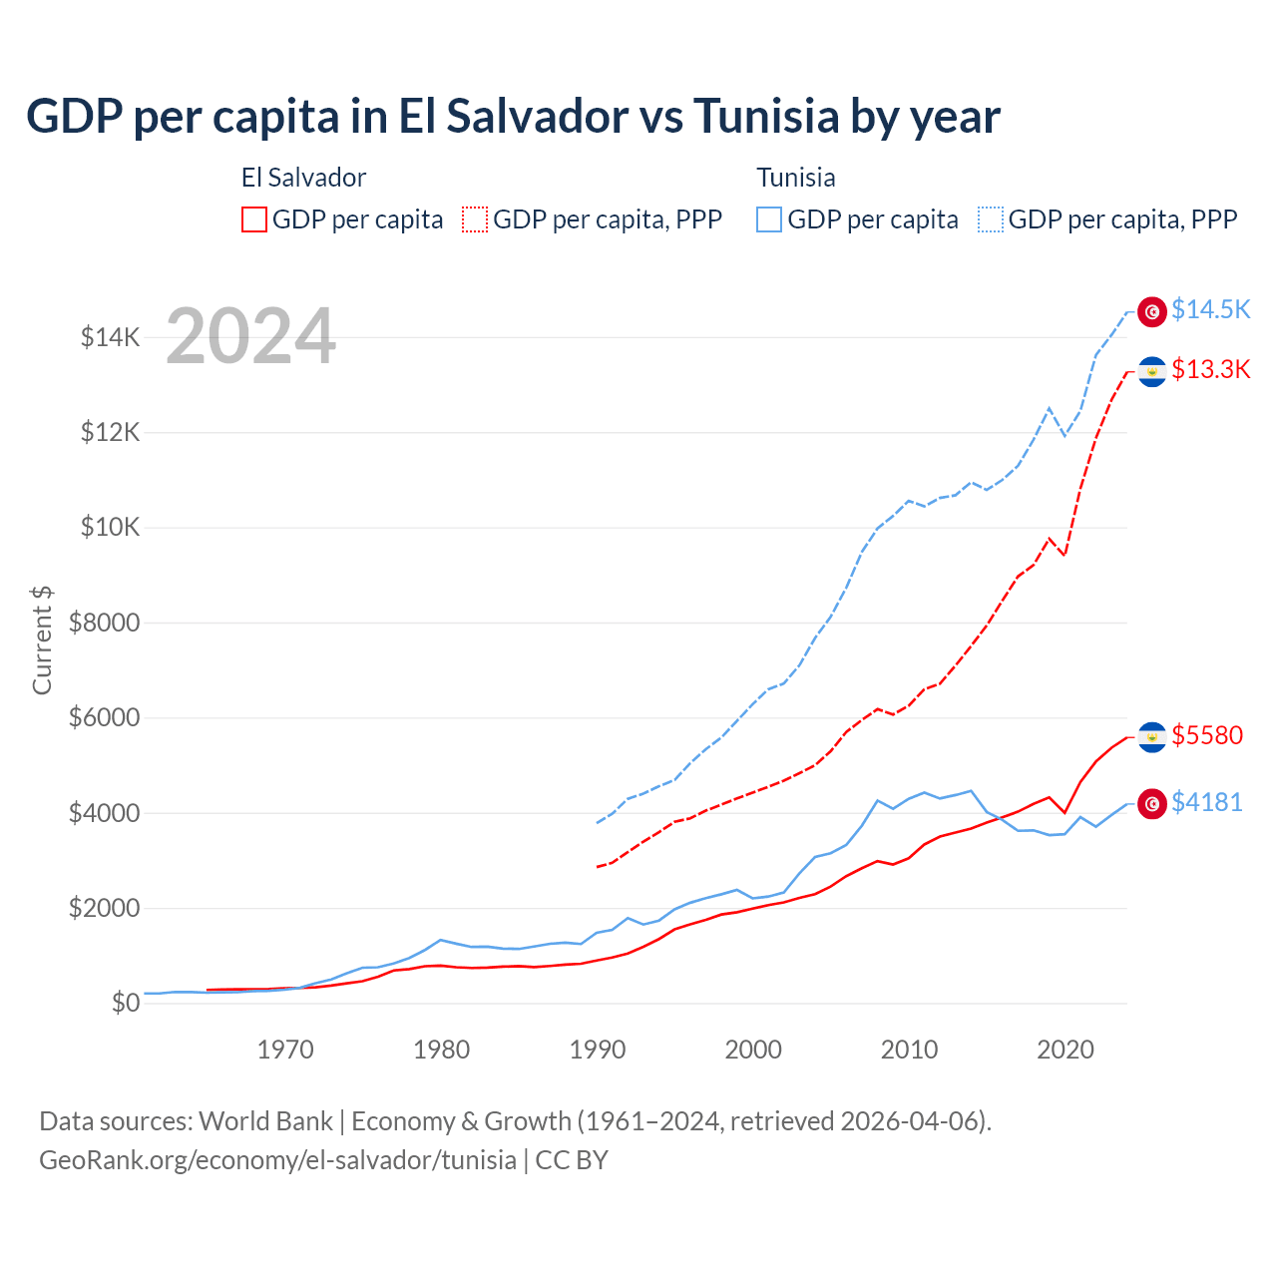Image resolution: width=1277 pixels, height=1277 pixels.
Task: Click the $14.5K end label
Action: click(x=1210, y=310)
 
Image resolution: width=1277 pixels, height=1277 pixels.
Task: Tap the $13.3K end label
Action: click(x=1210, y=370)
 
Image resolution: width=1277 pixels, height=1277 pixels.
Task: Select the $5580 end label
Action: click(x=1207, y=736)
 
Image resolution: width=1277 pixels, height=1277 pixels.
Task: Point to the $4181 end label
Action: click(x=1207, y=802)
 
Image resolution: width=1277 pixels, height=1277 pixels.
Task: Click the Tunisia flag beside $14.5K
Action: click(x=1152, y=311)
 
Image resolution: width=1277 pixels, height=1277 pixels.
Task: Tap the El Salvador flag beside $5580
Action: click(x=1152, y=737)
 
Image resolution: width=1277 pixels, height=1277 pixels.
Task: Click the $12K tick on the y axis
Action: click(x=111, y=433)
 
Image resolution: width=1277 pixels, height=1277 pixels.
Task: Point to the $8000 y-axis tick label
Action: click(x=105, y=624)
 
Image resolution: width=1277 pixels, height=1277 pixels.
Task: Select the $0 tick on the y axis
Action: click(x=126, y=1004)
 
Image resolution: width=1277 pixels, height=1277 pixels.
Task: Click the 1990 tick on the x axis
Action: click(x=598, y=1050)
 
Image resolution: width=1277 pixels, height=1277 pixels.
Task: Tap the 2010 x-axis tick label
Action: click(x=909, y=1050)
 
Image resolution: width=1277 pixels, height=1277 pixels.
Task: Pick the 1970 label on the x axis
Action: click(x=285, y=1050)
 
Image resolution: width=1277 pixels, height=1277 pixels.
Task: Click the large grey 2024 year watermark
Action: click(x=251, y=336)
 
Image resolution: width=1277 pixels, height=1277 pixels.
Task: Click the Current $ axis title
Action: click(x=42, y=640)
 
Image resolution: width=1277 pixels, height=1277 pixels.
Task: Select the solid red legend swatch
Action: click(x=254, y=219)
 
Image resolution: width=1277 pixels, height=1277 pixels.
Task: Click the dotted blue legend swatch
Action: click(x=991, y=219)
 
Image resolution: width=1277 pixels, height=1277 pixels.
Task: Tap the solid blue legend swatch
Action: click(x=769, y=219)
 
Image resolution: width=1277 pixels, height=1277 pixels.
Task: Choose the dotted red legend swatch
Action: click(x=476, y=219)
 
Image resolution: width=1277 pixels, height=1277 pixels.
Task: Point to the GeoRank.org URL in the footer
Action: click(x=277, y=1160)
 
